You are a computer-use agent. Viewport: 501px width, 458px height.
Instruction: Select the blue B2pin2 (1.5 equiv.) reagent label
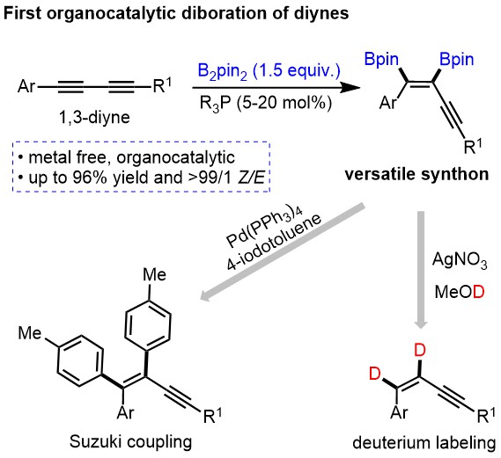[269, 71]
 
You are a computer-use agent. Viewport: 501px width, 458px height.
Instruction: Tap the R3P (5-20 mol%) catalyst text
[266, 103]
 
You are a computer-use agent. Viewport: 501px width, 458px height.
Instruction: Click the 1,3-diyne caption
[94, 118]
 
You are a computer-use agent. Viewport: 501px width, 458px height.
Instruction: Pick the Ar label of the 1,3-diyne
[26, 86]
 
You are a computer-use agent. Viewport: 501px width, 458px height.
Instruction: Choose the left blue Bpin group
[381, 60]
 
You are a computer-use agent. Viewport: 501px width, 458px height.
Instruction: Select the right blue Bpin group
[456, 60]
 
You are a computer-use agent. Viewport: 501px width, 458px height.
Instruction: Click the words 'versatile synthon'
[417, 174]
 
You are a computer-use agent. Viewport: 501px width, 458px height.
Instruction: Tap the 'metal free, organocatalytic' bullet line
[127, 157]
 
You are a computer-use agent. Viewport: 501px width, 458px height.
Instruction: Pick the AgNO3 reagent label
[460, 260]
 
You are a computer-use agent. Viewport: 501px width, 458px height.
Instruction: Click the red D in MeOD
[479, 292]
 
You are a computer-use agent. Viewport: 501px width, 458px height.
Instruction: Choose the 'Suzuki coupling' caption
[130, 442]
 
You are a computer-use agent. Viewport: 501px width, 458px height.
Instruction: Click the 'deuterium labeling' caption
[424, 443]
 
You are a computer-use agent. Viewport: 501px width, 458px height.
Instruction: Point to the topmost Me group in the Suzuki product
[155, 274]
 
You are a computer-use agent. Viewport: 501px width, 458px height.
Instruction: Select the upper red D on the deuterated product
[420, 351]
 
